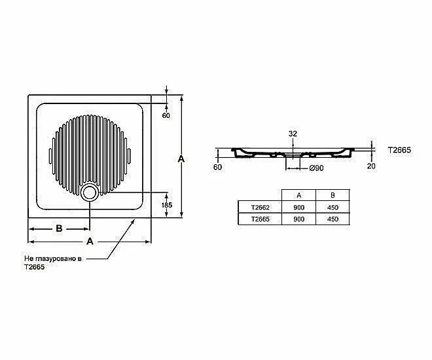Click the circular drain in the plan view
pyautogui.click(x=89, y=192)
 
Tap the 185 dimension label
pyautogui.click(x=167, y=205)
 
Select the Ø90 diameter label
pyautogui.click(x=316, y=168)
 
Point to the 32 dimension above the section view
pyautogui.click(x=293, y=134)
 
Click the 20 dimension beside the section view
pyautogui.click(x=371, y=166)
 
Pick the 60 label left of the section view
pyautogui.click(x=217, y=167)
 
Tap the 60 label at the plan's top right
pyautogui.click(x=166, y=115)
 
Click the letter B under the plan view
pyautogui.click(x=59, y=228)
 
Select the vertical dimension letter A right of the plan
pyautogui.click(x=181, y=158)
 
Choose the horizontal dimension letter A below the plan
pyautogui.click(x=90, y=242)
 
